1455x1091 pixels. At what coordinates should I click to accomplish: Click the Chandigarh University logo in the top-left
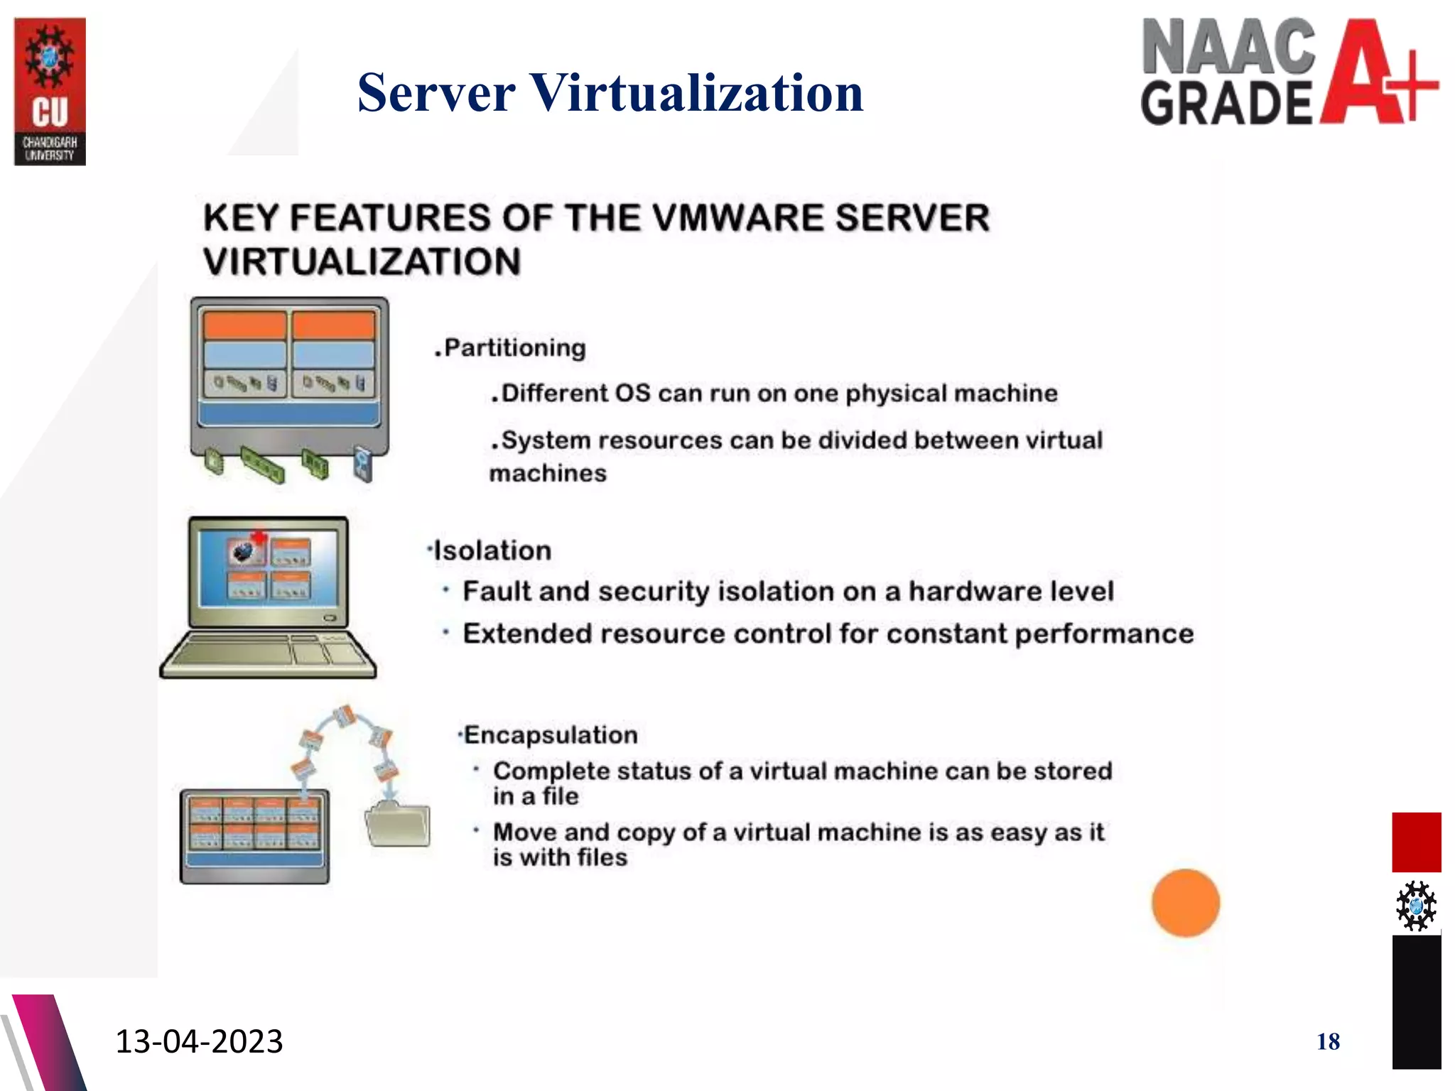(50, 91)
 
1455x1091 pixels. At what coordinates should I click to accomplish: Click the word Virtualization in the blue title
(696, 93)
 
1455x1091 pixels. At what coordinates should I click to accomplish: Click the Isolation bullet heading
(492, 551)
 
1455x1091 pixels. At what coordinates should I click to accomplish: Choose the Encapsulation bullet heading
(550, 735)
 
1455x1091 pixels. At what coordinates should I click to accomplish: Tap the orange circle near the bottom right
(1185, 903)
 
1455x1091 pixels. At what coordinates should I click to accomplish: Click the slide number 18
(1328, 1042)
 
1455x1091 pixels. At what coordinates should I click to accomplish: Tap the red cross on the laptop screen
(259, 538)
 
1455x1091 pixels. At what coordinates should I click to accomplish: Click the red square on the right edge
(1416, 842)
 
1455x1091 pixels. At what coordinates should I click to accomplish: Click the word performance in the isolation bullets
(1104, 634)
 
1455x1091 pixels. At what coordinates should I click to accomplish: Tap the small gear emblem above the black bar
(1415, 906)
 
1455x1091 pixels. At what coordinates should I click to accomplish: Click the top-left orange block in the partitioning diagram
(244, 325)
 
